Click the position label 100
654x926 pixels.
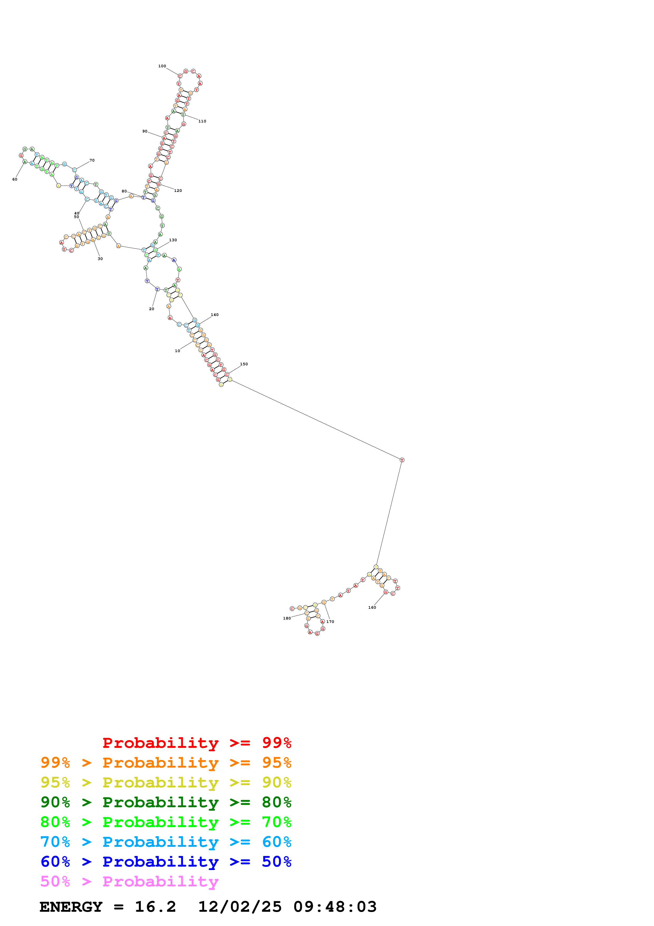pos(162,66)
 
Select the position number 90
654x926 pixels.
pos(145,131)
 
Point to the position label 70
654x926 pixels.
pos(92,160)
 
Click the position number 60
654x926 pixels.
pos(15,179)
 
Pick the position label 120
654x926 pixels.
pos(178,191)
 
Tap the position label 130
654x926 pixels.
pos(173,240)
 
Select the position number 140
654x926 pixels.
pos(215,315)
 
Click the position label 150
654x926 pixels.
pos(244,364)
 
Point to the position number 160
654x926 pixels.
pos(372,607)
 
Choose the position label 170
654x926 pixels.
pos(330,621)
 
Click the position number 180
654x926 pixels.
pos(287,618)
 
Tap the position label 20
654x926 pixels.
pos(151,309)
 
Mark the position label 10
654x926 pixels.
pos(177,351)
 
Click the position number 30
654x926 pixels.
pos(100,259)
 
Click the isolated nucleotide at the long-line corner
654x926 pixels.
pos(402,460)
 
